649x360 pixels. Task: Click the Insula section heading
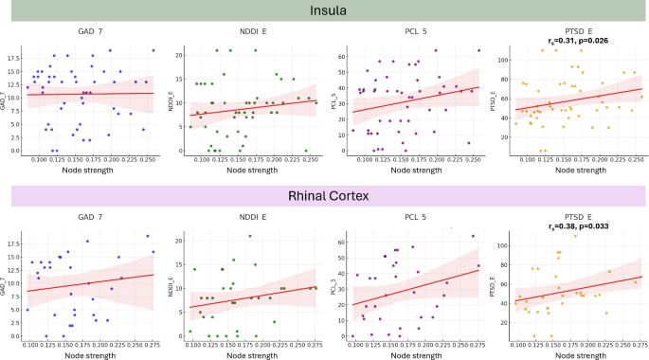tap(325, 12)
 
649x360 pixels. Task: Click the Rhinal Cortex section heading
tap(325, 196)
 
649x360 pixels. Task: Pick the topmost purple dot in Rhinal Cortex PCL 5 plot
tap(473, 236)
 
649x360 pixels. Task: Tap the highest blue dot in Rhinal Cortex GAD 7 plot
tap(148, 236)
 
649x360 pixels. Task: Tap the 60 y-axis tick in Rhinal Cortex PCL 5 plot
tap(344, 243)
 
